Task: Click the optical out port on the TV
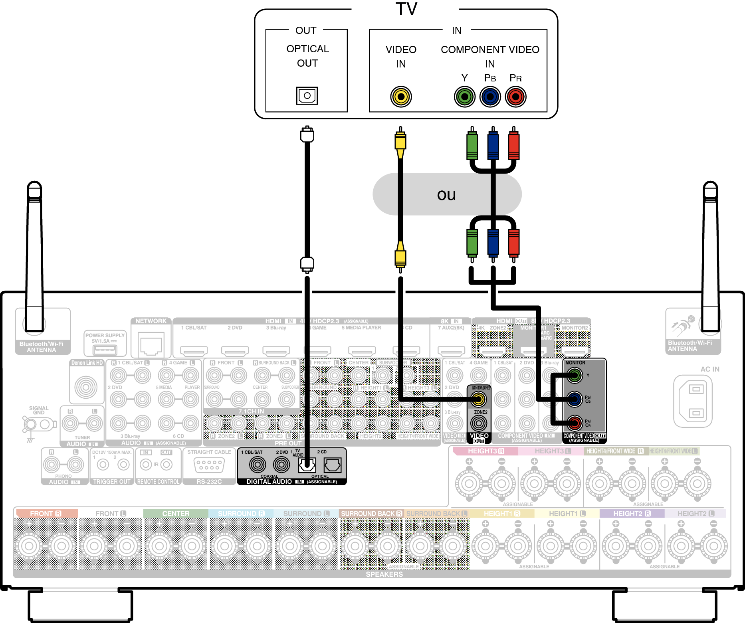tap(307, 96)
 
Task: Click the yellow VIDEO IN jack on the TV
tap(401, 97)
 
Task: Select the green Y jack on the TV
tap(464, 97)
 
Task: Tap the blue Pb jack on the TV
tap(490, 97)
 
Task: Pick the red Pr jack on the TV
tap(515, 97)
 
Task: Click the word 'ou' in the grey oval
tap(446, 195)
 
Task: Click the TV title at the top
tap(406, 9)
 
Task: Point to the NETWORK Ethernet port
tap(151, 344)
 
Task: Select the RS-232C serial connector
tap(209, 465)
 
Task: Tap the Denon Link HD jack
tap(86, 387)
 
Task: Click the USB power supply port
tap(105, 350)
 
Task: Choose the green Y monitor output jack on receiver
tap(574, 375)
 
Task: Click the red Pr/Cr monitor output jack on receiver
tap(574, 422)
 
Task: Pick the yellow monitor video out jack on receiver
tap(479, 399)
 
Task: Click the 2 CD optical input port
tap(332, 465)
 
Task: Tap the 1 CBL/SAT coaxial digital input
tap(258, 465)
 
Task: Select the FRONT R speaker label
tap(46, 514)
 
